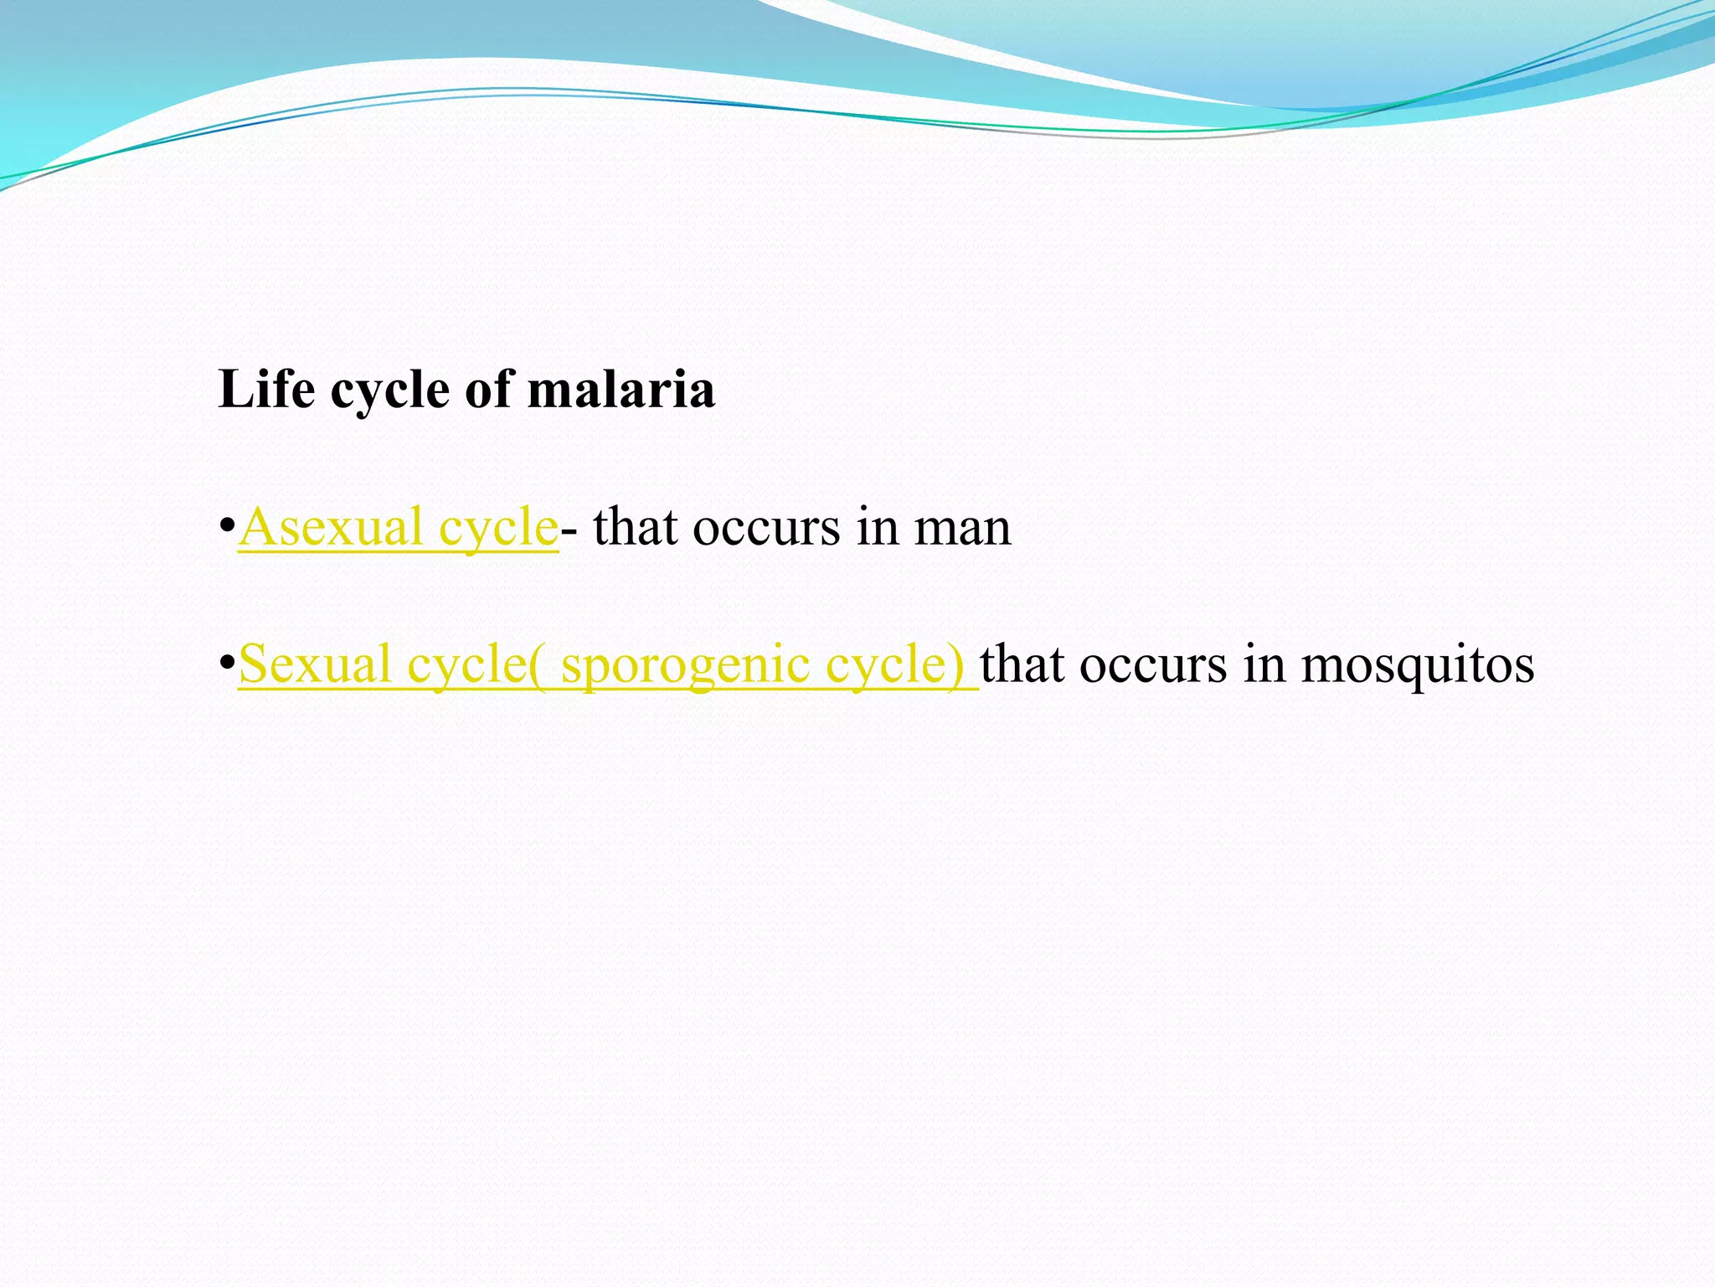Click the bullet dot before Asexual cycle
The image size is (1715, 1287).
tap(225, 528)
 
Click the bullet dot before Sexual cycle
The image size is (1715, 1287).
tap(225, 665)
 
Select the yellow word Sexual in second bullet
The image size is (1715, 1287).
tap(315, 665)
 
